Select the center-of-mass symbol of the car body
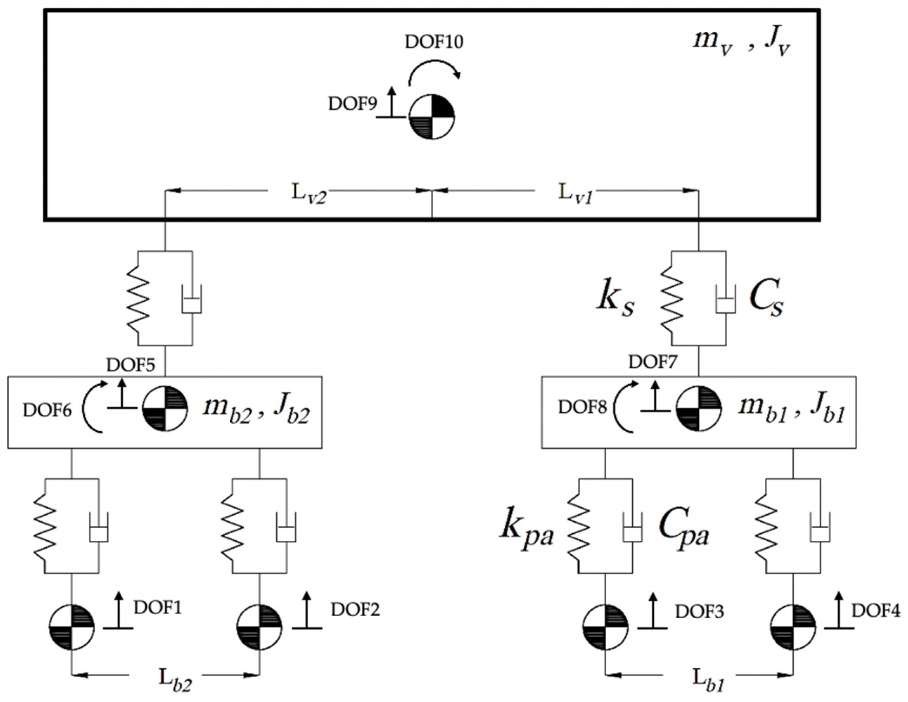click(431, 117)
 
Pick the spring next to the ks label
click(672, 298)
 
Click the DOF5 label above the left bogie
click(130, 365)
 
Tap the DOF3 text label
click(699, 612)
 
